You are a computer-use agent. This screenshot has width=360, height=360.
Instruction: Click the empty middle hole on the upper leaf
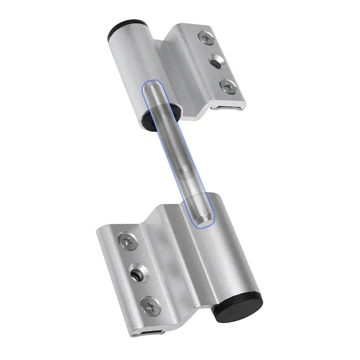coord(216,62)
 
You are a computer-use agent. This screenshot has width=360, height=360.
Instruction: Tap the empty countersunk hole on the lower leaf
coord(137,274)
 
